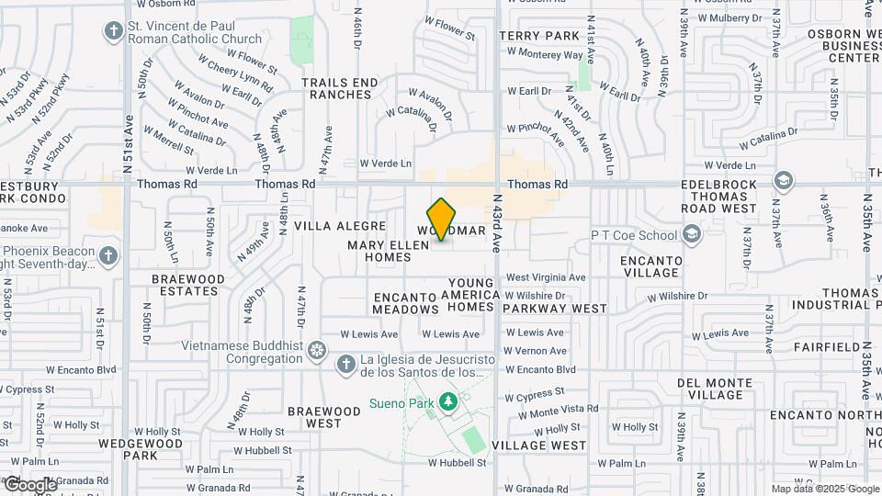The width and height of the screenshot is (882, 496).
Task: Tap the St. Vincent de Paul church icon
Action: [x=114, y=32]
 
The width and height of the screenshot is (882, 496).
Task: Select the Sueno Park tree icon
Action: [x=447, y=402]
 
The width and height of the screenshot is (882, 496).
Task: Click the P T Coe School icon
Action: [x=692, y=234]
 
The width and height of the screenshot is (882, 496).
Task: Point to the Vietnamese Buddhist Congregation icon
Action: [x=317, y=351]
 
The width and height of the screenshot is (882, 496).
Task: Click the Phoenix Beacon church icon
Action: [x=108, y=254]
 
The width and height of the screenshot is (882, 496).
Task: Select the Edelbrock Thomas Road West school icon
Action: [x=783, y=179]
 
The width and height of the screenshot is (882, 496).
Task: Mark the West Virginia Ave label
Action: [x=546, y=276]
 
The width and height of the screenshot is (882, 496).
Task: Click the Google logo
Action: [x=29, y=484]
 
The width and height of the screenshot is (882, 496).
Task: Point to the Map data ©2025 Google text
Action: [x=824, y=489]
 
